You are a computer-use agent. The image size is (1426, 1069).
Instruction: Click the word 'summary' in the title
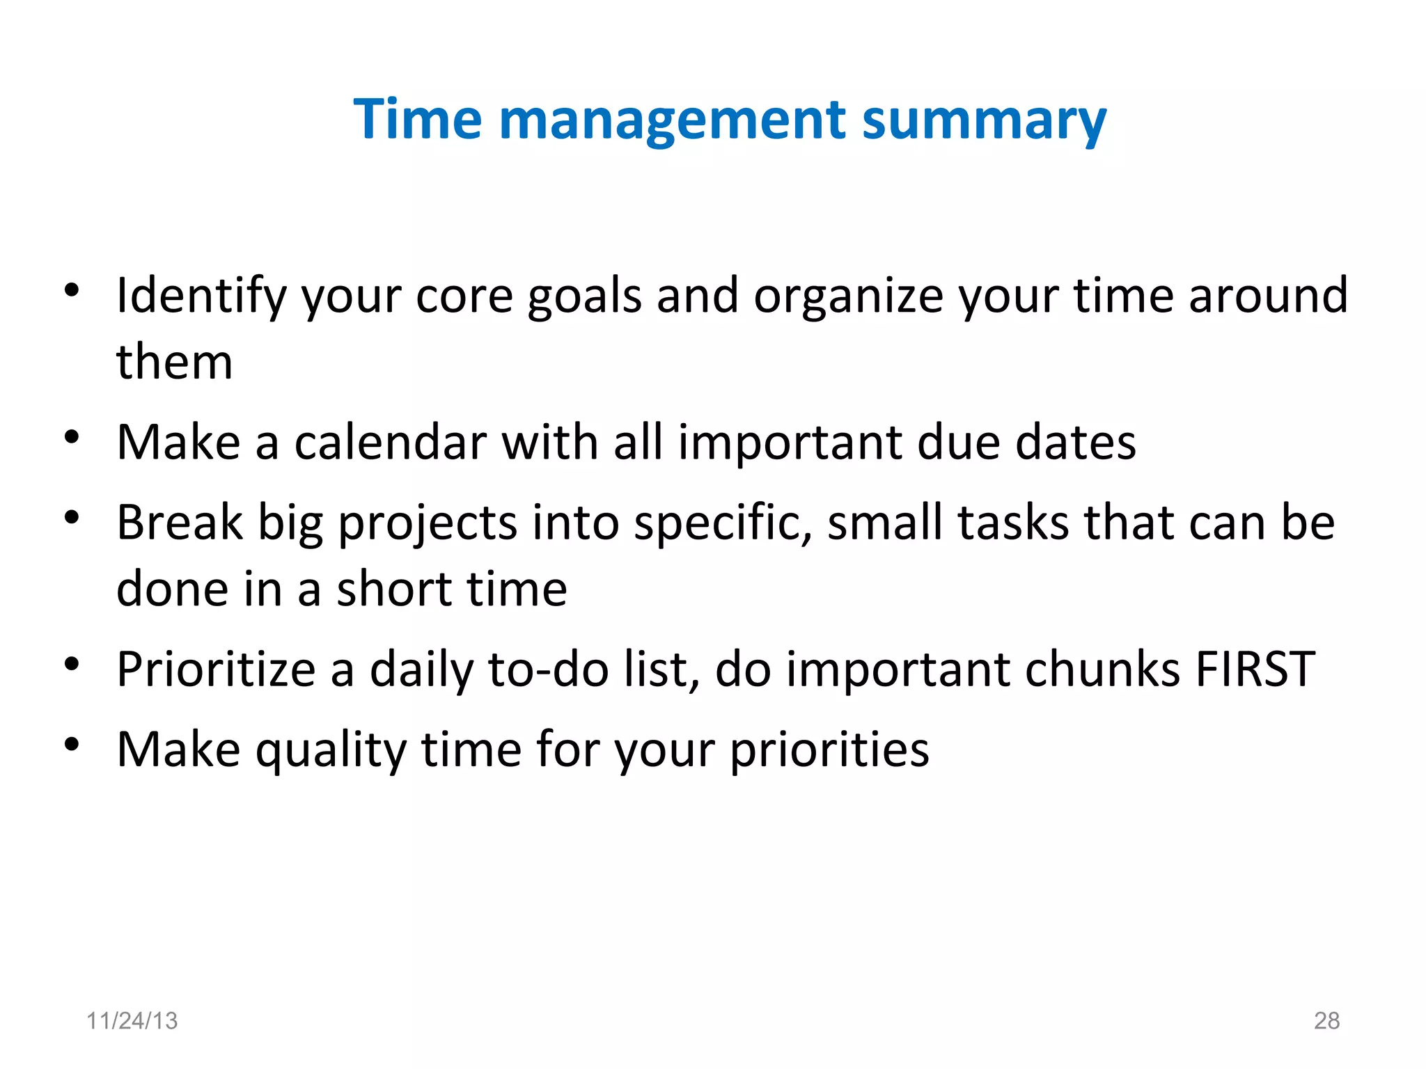tap(983, 120)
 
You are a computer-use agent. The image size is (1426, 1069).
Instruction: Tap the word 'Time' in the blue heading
tap(417, 120)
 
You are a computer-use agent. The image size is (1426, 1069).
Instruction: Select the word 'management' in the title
tap(672, 120)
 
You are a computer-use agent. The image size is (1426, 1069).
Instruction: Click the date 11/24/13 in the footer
tap(132, 1020)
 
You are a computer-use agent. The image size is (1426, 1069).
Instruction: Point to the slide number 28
tap(1326, 1020)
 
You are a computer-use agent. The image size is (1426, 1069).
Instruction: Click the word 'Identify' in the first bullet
tap(201, 296)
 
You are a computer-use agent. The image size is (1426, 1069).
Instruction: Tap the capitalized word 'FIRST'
tap(1255, 670)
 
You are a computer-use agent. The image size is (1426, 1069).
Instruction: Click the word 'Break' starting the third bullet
tap(180, 523)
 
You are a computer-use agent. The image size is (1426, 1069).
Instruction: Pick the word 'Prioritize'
tap(216, 670)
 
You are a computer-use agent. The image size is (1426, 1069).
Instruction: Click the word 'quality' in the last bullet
tap(331, 750)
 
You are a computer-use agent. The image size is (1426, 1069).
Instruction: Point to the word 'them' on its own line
tap(174, 363)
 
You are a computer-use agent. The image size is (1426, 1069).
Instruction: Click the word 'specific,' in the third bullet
tap(723, 523)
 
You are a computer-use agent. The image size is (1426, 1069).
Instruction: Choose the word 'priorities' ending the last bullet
tap(829, 750)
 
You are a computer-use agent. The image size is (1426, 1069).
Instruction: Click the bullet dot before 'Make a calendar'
tap(72, 438)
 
